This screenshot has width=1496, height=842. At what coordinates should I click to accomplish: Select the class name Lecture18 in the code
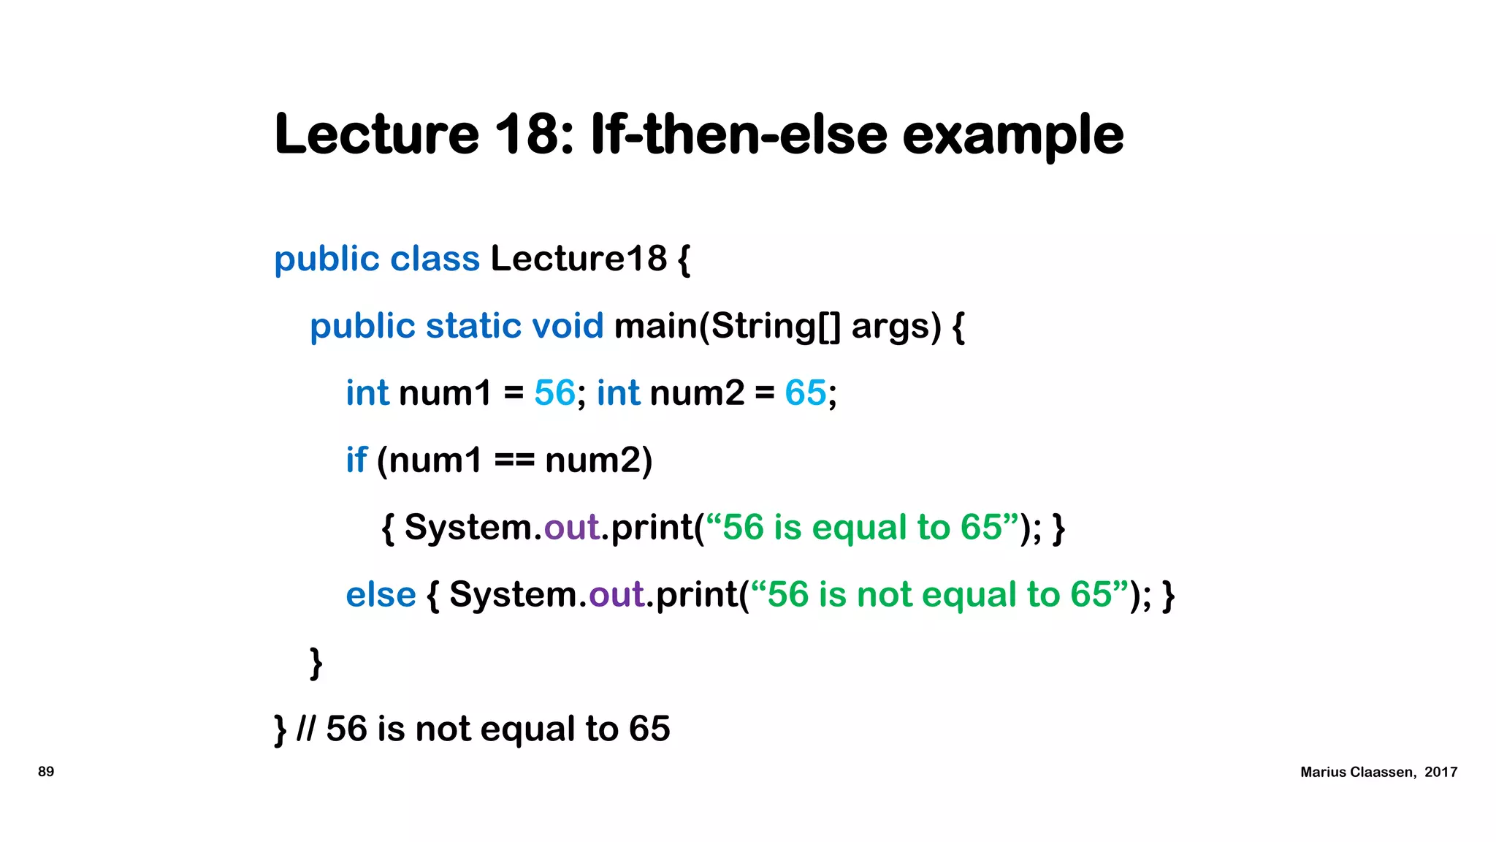click(x=578, y=259)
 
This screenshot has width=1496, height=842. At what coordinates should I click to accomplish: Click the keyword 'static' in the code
click(x=473, y=326)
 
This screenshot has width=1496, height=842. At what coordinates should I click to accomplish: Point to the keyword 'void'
click(x=568, y=326)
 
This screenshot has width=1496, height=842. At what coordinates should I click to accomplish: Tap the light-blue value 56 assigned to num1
click(x=554, y=393)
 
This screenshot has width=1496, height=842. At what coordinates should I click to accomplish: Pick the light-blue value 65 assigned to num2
click(x=805, y=393)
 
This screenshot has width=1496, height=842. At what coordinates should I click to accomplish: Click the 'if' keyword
click(x=356, y=460)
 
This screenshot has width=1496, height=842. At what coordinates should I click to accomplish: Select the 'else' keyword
click(x=381, y=595)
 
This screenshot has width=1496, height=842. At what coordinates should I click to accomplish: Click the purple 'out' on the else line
click(x=617, y=595)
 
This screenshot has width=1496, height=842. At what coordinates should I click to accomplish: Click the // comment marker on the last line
click(x=306, y=729)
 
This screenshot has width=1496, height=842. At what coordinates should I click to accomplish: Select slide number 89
click(x=46, y=772)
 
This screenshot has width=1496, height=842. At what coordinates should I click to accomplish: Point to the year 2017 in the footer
click(x=1440, y=773)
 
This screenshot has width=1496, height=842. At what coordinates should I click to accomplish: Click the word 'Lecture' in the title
click(x=376, y=134)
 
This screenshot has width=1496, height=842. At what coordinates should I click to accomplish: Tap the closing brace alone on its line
click(x=316, y=663)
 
